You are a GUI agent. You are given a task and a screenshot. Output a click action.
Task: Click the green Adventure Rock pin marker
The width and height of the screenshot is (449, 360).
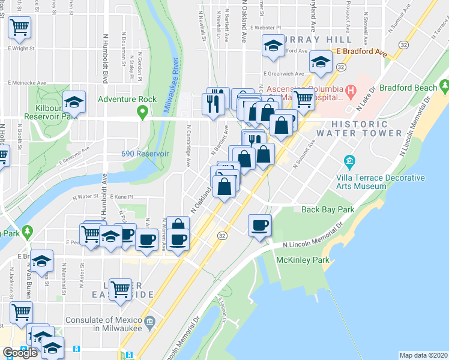(142, 111)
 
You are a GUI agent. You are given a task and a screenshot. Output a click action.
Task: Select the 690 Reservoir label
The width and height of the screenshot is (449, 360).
(145, 154)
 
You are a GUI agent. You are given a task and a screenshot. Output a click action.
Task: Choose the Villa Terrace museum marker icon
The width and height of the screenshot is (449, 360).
(349, 161)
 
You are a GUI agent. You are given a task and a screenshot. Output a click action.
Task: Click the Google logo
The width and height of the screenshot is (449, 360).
(20, 353)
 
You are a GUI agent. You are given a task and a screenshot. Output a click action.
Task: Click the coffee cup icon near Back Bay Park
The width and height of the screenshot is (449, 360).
(259, 226)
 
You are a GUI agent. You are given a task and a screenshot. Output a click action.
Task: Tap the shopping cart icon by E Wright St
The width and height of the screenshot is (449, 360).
(19, 26)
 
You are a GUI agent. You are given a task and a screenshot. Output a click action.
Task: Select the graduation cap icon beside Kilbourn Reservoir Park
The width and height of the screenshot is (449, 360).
(74, 103)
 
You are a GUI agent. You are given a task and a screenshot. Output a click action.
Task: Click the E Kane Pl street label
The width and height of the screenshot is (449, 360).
(120, 197)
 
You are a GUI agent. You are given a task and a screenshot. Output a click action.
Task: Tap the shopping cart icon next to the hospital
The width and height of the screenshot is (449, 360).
(303, 98)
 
